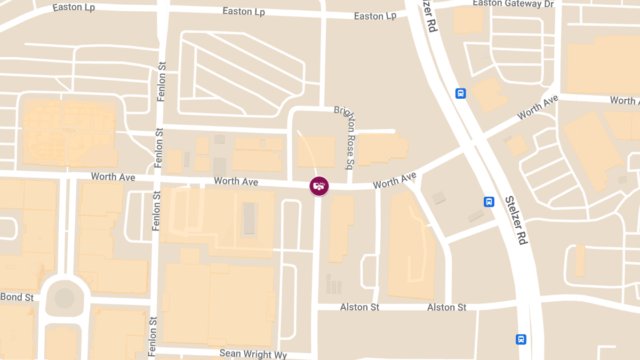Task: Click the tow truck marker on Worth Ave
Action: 319,186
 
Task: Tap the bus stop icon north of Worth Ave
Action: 461,93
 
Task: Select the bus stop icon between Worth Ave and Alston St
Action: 489,202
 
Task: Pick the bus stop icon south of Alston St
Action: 521,339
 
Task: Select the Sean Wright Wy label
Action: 253,354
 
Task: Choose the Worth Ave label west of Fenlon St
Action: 113,177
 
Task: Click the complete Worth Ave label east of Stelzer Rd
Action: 538,108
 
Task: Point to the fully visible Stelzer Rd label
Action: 516,220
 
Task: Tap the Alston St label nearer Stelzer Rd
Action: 447,307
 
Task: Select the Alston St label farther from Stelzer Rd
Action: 359,307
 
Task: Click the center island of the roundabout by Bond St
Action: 65,298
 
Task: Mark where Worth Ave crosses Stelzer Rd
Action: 471,142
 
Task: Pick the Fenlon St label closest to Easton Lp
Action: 162,80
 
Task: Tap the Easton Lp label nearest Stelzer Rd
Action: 375,16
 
